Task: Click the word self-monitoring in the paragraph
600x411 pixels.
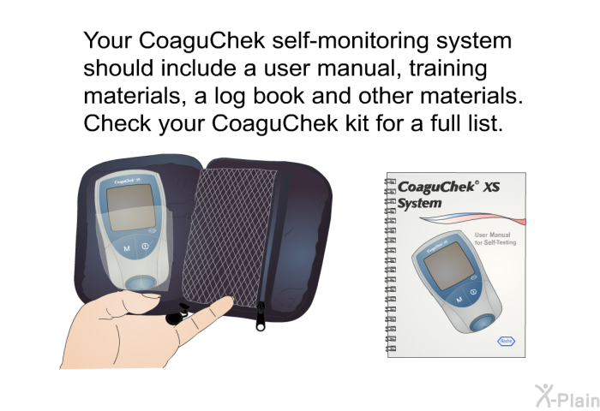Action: [351, 41]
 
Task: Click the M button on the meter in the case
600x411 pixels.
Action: [127, 248]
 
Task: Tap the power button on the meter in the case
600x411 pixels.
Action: [145, 247]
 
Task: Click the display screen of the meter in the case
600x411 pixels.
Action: [131, 207]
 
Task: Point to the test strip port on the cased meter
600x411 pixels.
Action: [141, 283]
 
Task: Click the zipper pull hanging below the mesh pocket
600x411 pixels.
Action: [261, 316]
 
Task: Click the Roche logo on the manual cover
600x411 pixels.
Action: [506, 341]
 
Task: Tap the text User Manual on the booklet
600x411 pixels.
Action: [492, 235]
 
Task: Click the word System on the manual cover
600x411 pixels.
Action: [419, 203]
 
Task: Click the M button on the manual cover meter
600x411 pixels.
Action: [459, 300]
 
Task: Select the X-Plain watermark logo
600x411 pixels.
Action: [567, 396]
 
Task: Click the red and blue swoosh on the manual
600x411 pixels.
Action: [473, 222]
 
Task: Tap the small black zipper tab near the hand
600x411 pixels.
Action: [174, 317]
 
